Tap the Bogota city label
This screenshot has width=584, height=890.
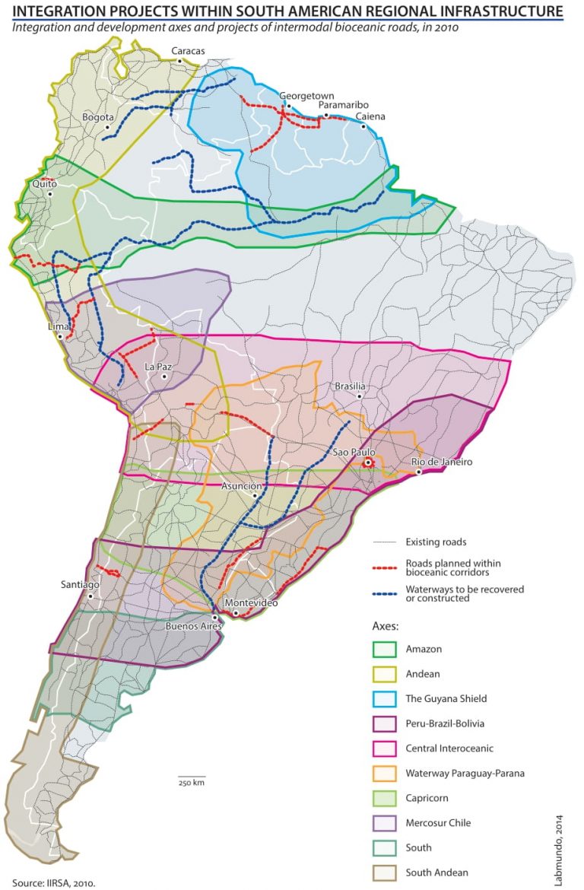97,118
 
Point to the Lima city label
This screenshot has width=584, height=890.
59,326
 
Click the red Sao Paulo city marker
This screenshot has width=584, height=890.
367,462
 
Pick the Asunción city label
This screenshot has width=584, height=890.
242,485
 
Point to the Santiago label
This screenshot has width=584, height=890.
80,584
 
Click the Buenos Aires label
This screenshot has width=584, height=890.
193,628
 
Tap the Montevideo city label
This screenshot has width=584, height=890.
252,602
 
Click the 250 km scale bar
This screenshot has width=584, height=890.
192,777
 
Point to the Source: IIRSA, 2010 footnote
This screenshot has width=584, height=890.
53,883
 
